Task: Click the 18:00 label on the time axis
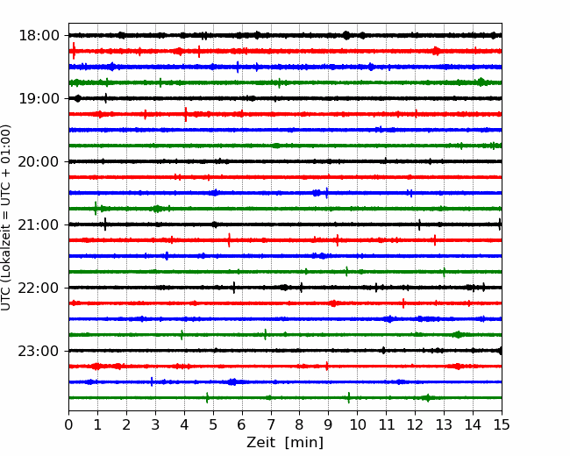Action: click(39, 36)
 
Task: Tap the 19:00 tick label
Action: click(39, 98)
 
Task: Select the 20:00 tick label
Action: click(39, 162)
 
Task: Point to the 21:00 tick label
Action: click(39, 224)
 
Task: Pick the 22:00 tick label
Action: click(39, 288)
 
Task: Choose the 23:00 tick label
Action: click(39, 351)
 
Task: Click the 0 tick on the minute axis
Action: click(68, 424)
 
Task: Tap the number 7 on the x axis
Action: click(270, 424)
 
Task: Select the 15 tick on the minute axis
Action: click(502, 424)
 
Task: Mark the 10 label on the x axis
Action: click(357, 424)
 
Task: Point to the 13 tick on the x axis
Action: click(444, 424)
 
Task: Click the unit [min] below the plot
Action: click(304, 443)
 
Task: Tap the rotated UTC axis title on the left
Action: click(6, 217)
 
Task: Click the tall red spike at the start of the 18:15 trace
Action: click(74, 51)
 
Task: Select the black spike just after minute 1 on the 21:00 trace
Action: click(105, 224)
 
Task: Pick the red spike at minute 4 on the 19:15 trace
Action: click(186, 114)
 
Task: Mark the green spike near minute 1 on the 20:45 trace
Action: click(96, 209)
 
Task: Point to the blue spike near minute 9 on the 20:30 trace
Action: click(326, 193)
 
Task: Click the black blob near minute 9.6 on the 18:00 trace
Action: click(346, 35)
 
